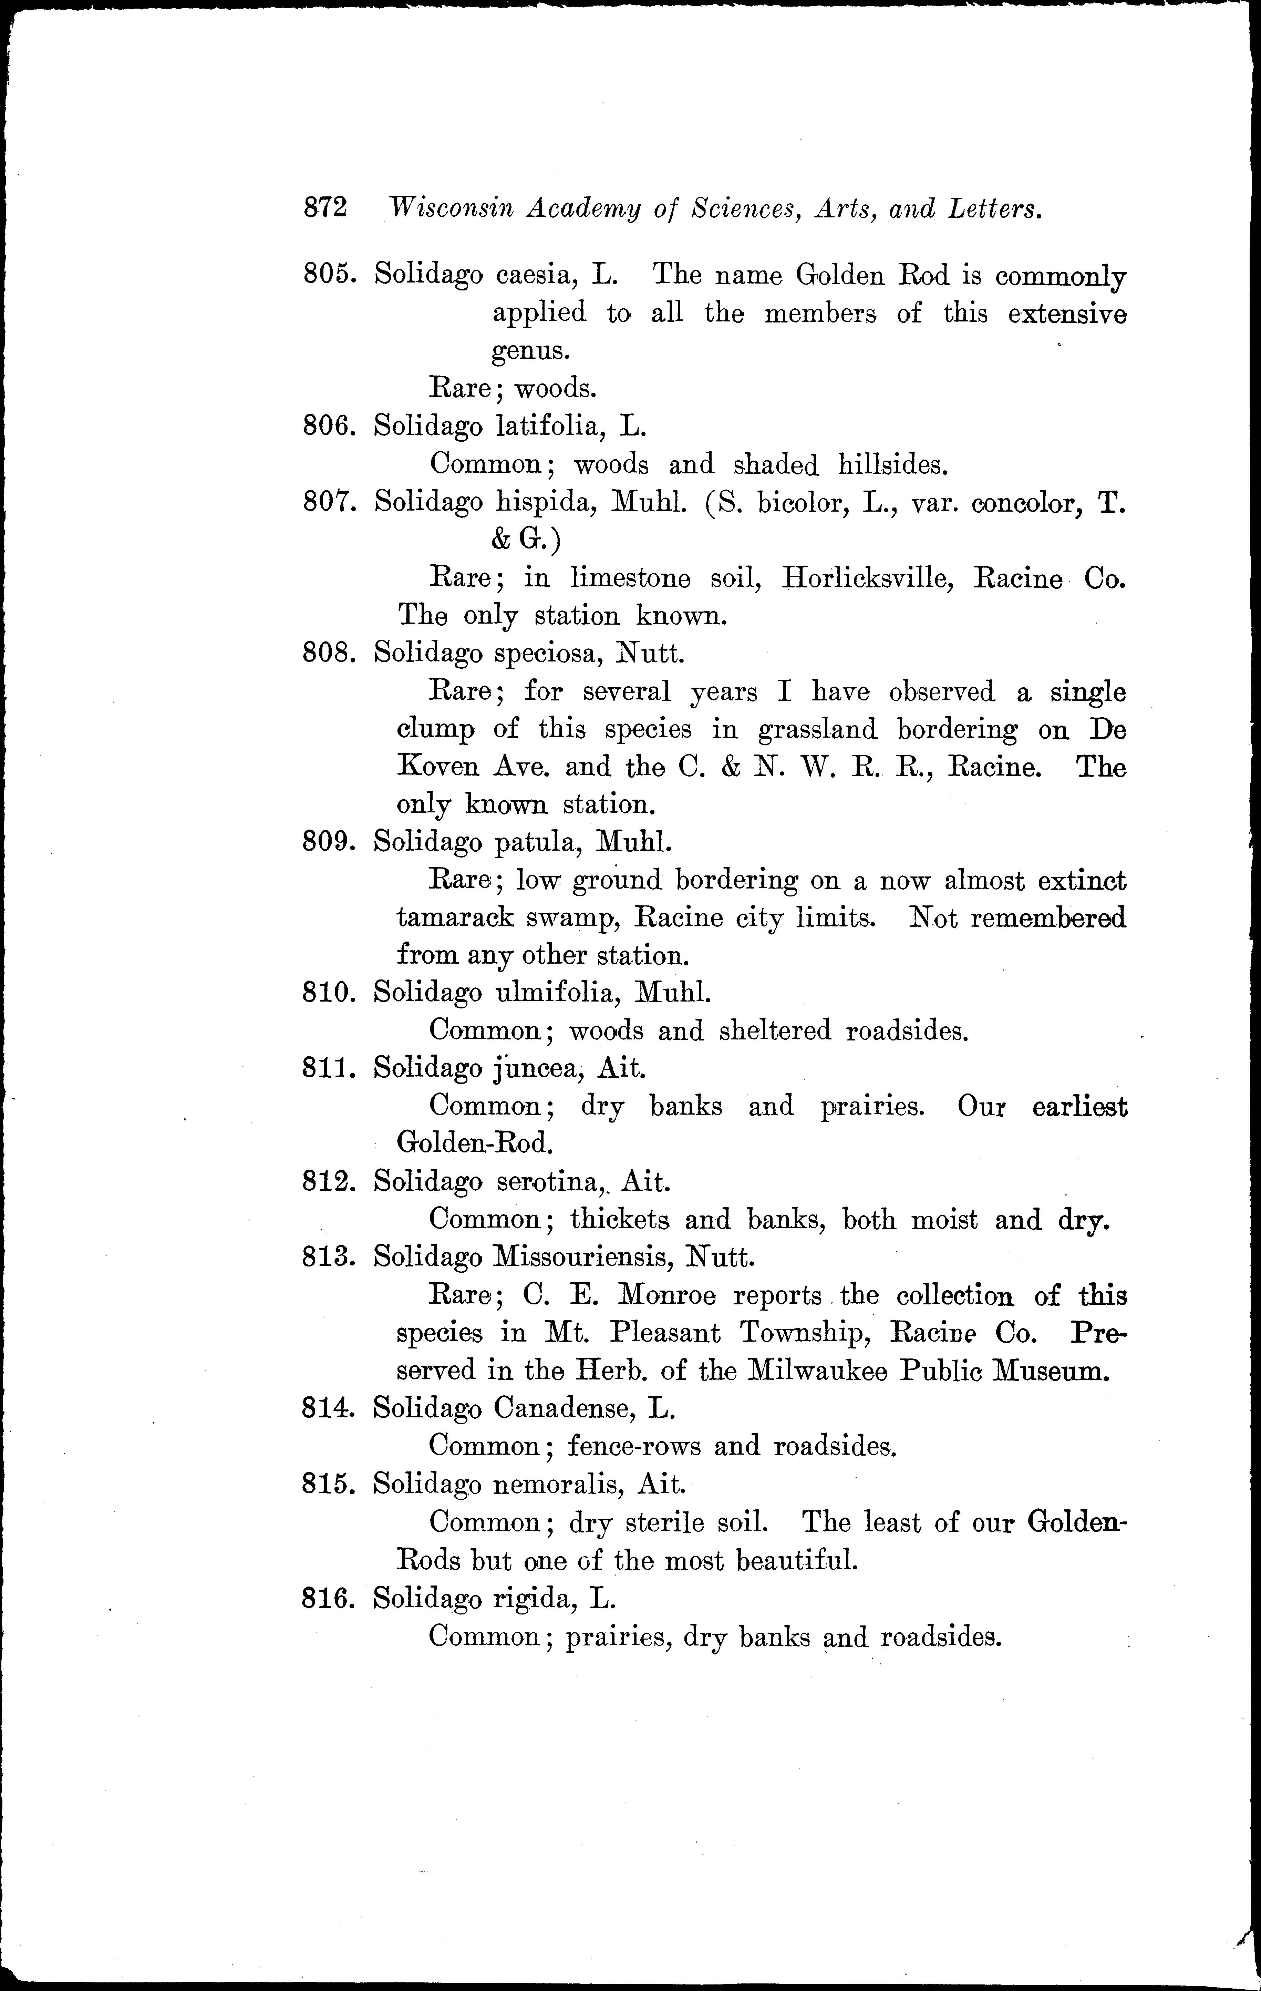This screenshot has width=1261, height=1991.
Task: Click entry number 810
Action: click(x=329, y=992)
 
